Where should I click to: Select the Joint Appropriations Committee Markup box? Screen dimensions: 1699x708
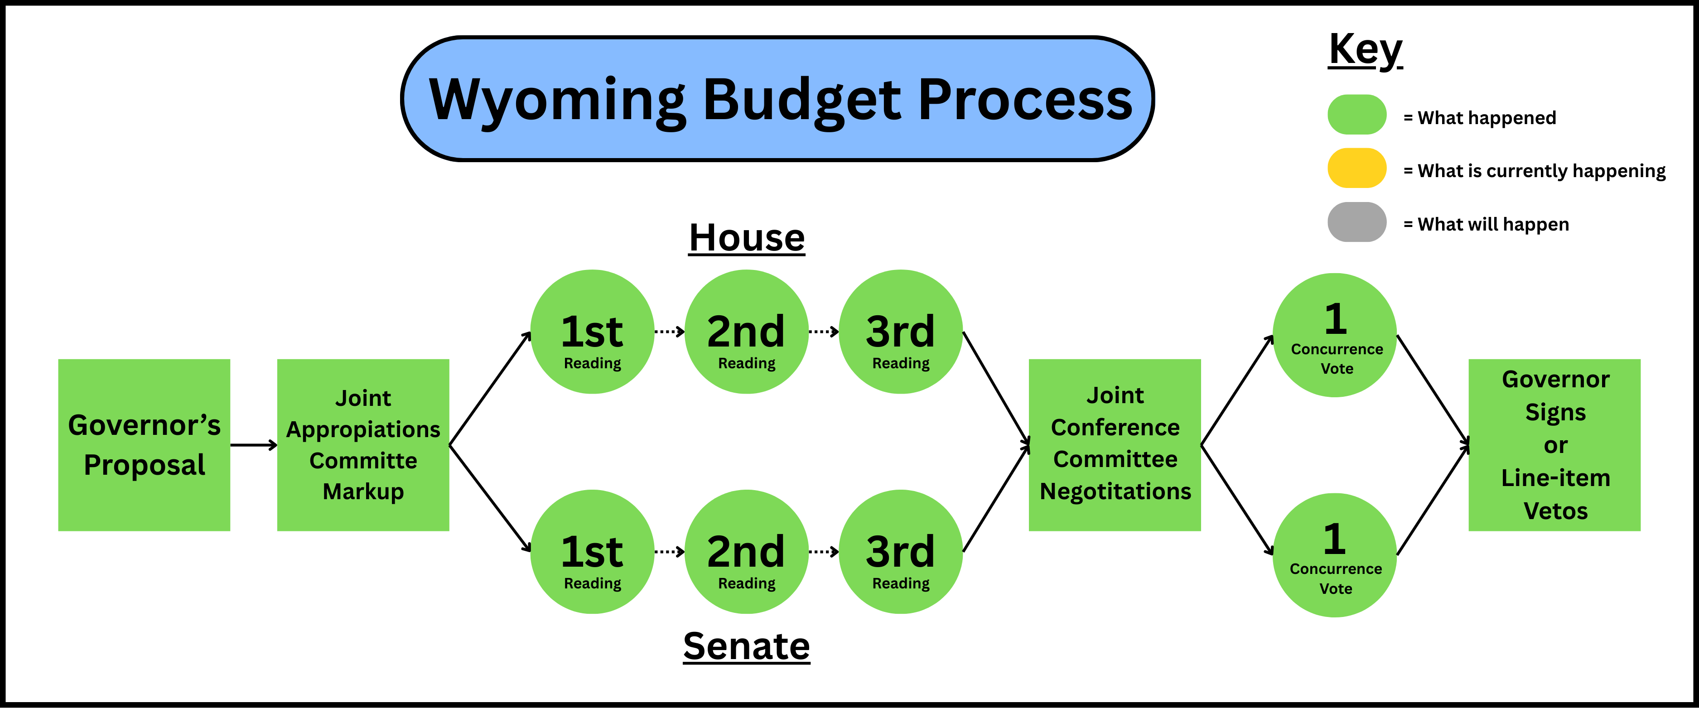(363, 445)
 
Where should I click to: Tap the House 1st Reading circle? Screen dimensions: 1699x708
(592, 332)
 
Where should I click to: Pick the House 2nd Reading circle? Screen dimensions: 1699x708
(747, 332)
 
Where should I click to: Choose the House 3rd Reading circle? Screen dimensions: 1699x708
(901, 332)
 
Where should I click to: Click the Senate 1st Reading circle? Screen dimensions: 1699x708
(592, 552)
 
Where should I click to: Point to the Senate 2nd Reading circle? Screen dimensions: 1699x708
(747, 552)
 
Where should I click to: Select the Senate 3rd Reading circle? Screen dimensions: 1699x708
(901, 552)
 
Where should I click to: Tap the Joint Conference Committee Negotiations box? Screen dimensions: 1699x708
(1115, 445)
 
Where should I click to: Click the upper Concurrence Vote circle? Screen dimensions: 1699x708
(1335, 335)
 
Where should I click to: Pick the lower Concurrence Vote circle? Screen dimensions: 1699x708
(1335, 555)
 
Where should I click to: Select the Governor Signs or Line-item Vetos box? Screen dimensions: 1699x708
(1554, 445)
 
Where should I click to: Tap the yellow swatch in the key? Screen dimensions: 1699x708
(1356, 168)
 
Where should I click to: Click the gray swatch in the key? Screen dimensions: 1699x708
(1356, 222)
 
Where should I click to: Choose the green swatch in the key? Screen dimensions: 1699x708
(1356, 115)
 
